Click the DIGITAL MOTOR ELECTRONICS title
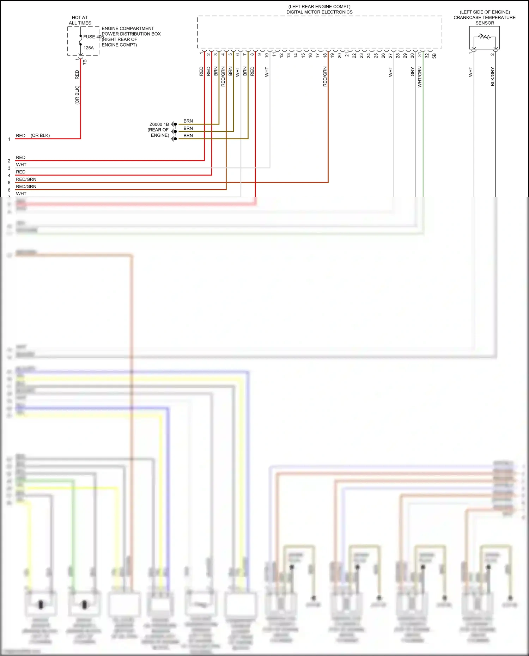coord(319,12)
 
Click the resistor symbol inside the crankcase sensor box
coord(485,37)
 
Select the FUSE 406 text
coord(93,37)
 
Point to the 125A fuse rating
coord(89,48)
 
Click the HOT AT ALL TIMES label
coord(80,20)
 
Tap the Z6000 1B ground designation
coord(159,124)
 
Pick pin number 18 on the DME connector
coord(325,55)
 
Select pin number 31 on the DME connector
coord(420,55)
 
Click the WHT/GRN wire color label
coord(420,77)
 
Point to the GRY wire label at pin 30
coord(412,72)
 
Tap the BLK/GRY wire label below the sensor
coord(492,76)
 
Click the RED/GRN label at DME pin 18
coord(325,76)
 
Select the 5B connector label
coord(434,56)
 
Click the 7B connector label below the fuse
coord(85,62)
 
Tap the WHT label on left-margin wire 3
coord(21,165)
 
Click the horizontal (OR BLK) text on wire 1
coord(40,135)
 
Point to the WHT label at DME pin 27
coord(390,72)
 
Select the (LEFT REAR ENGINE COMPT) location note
coord(319,7)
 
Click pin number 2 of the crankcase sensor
coord(492,54)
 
